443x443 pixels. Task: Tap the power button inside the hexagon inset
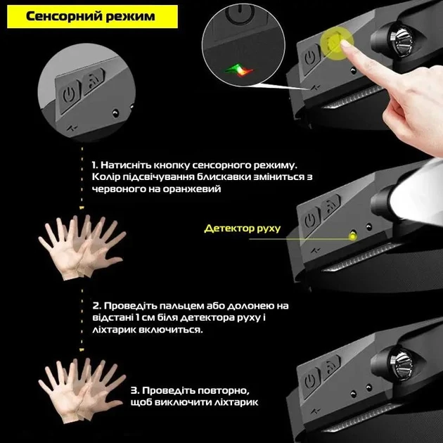tap(69, 94)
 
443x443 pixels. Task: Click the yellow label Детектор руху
tap(242, 229)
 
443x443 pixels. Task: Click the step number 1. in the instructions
tap(96, 164)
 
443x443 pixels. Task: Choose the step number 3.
tap(135, 390)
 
